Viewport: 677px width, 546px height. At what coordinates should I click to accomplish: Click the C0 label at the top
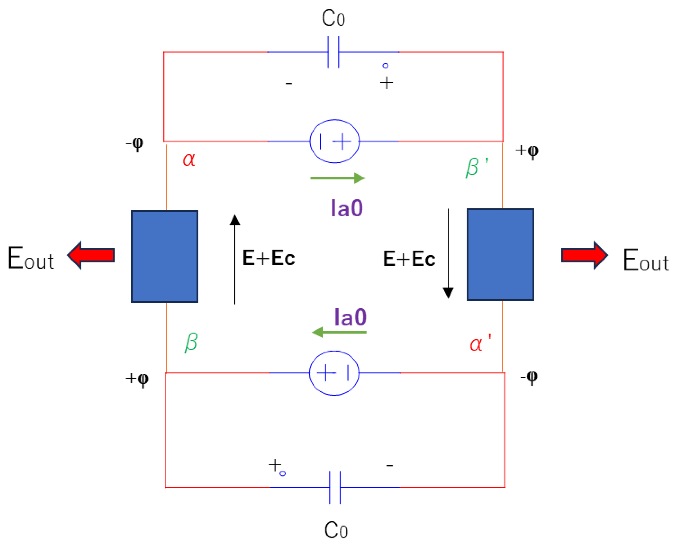tap(333, 18)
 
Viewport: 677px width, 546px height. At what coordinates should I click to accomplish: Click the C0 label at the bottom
tap(336, 530)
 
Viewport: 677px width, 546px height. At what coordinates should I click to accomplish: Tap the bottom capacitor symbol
tap(335, 487)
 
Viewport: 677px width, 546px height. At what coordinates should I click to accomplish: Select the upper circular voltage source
tap(335, 141)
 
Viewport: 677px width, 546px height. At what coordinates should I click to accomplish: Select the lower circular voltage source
tap(334, 373)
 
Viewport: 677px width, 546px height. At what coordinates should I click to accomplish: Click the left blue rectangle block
tap(165, 256)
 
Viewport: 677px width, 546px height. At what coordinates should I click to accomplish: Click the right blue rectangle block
tap(501, 255)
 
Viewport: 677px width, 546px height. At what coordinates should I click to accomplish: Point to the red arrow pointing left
tap(91, 255)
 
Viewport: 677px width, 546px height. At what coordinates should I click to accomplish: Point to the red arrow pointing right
tap(584, 255)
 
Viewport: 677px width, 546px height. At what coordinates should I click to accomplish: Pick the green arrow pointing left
tap(339, 332)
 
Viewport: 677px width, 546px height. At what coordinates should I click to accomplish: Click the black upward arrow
tap(235, 259)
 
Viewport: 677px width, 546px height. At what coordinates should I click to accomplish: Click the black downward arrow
tap(448, 253)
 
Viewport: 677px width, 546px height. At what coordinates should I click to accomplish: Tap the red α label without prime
tap(189, 159)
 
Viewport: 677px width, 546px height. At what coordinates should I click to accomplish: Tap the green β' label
tap(476, 167)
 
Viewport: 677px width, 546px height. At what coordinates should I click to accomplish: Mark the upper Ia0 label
tap(347, 208)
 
